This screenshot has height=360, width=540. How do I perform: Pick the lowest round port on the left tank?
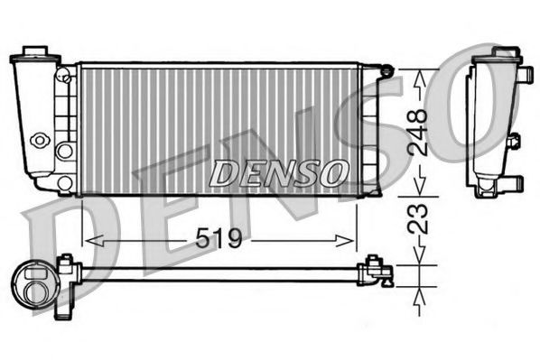click(64, 183)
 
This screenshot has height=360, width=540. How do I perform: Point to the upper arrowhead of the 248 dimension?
click(417, 77)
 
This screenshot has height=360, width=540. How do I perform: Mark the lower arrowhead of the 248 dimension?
click(417, 189)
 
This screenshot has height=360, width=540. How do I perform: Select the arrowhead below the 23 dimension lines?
click(417, 298)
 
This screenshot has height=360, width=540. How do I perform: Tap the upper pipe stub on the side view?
click(515, 142)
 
